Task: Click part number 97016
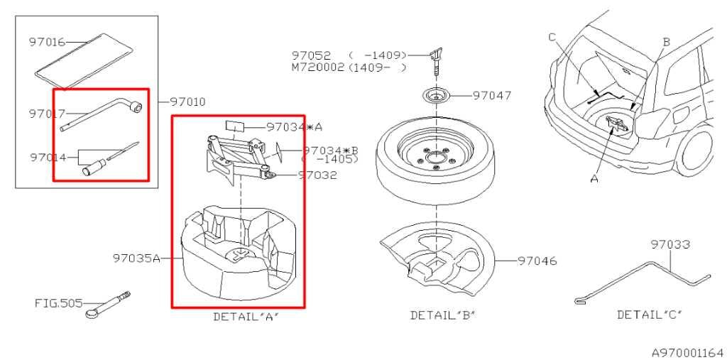click(47, 42)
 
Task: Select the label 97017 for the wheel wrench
click(47, 114)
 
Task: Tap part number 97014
click(48, 157)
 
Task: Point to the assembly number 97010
click(187, 102)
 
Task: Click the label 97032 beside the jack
click(317, 175)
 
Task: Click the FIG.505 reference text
click(58, 303)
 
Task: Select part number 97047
click(492, 96)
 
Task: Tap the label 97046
click(537, 261)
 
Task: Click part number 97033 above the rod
click(670, 244)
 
